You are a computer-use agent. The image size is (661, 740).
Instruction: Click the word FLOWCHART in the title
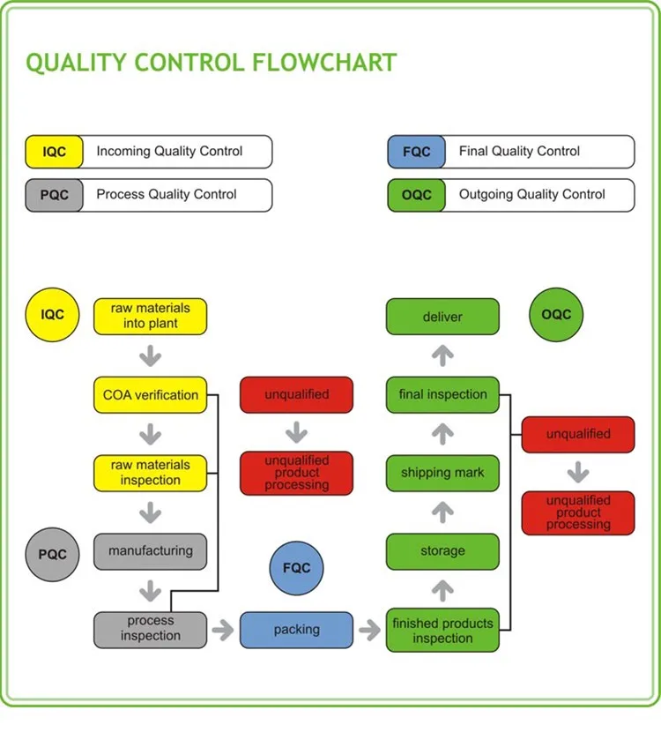pyautogui.click(x=324, y=64)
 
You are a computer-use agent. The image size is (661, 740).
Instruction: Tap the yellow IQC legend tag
pyautogui.click(x=54, y=152)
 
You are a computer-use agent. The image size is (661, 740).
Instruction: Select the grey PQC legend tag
pyautogui.click(x=54, y=195)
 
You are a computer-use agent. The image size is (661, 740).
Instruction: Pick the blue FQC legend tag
pyautogui.click(x=416, y=152)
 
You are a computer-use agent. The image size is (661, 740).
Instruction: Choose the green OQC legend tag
pyautogui.click(x=416, y=195)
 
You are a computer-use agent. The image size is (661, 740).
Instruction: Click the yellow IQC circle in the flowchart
pyautogui.click(x=53, y=315)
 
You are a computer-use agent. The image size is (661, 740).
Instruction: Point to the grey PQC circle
pyautogui.click(x=53, y=554)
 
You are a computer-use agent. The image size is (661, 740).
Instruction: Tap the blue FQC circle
pyautogui.click(x=296, y=569)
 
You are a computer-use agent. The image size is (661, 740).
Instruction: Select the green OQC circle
pyautogui.click(x=556, y=315)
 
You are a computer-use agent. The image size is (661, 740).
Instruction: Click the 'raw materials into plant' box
pyautogui.click(x=150, y=317)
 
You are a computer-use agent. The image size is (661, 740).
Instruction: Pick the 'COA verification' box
pyautogui.click(x=150, y=395)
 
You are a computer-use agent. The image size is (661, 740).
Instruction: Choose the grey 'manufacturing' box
pyautogui.click(x=150, y=551)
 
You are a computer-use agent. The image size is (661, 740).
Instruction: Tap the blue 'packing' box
pyautogui.click(x=296, y=630)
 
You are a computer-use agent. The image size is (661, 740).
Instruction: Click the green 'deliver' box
pyautogui.click(x=442, y=317)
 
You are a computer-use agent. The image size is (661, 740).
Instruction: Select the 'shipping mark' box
pyautogui.click(x=442, y=473)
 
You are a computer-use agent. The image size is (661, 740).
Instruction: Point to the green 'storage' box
pyautogui.click(x=442, y=551)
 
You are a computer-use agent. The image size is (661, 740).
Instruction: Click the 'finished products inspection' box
pyautogui.click(x=442, y=630)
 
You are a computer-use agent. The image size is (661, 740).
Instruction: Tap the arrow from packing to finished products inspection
pyautogui.click(x=368, y=630)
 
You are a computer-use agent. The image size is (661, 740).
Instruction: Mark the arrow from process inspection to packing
pyautogui.click(x=223, y=630)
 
